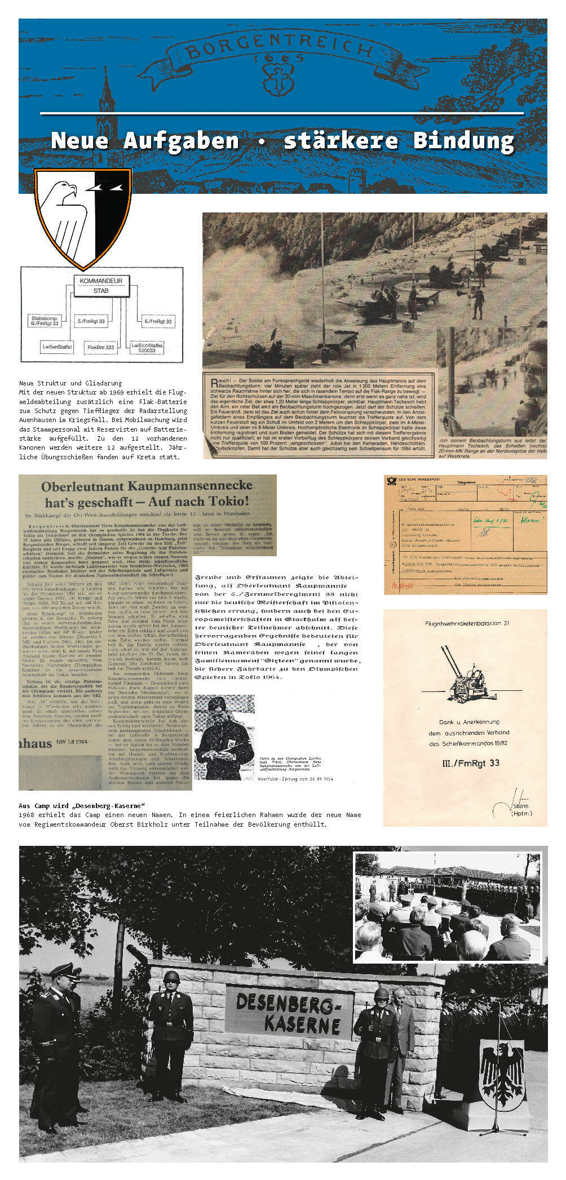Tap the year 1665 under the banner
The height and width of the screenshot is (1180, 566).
tap(278, 58)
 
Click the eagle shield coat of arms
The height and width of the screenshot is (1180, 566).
tap(83, 217)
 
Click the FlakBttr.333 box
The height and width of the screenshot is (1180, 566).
tap(101, 347)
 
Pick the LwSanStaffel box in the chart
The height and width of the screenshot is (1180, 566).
tap(58, 347)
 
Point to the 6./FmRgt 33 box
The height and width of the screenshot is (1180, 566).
tap(158, 321)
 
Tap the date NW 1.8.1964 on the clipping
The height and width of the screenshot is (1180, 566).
tap(73, 742)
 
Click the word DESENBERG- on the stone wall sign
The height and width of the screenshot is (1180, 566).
tap(289, 1002)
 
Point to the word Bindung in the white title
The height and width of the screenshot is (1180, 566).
tap(463, 141)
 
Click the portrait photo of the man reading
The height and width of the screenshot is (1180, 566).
tap(224, 737)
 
